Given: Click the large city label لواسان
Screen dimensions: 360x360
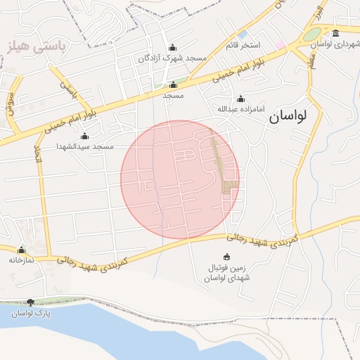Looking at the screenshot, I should pyautogui.click(x=288, y=117).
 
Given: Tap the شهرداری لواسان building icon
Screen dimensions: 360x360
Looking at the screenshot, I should pyautogui.click(x=335, y=34).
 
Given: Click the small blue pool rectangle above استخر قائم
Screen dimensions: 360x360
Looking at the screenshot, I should pyautogui.click(x=243, y=34).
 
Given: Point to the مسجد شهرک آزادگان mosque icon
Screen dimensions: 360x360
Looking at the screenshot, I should pyautogui.click(x=172, y=48).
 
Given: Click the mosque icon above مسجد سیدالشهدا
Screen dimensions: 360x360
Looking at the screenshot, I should pyautogui.click(x=85, y=136).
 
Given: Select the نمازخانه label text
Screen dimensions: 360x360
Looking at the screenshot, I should pyautogui.click(x=22, y=259).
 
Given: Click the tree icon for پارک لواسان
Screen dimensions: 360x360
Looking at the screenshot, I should pyautogui.click(x=30, y=302).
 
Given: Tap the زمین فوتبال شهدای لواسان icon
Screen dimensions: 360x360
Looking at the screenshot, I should pyautogui.click(x=226, y=257).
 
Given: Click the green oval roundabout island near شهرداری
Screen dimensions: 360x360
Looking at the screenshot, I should pyautogui.click(x=311, y=34).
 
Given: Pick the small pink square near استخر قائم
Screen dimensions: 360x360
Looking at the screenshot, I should pyautogui.click(x=281, y=45).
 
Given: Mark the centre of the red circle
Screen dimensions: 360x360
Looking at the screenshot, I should pyautogui.click(x=180, y=179).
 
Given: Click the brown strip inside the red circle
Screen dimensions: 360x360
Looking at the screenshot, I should pyautogui.click(x=222, y=165).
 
